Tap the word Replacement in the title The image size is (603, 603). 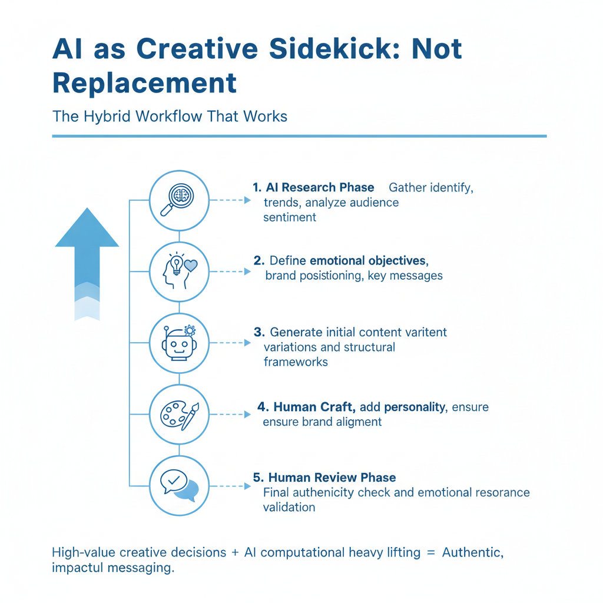pos(144,83)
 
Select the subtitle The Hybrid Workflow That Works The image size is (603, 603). pos(170,116)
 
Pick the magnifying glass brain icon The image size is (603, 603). pos(178,200)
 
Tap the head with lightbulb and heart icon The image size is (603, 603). pos(178,271)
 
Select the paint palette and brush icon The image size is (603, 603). pos(178,414)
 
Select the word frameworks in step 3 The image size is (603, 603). pos(296,362)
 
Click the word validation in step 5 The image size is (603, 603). pos(289,507)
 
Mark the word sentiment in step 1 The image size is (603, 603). pos(289,217)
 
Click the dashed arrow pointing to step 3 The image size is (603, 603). pos(230,343)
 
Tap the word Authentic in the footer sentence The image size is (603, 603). pos(472,553)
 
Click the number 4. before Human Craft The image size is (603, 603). pos(263,407)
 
